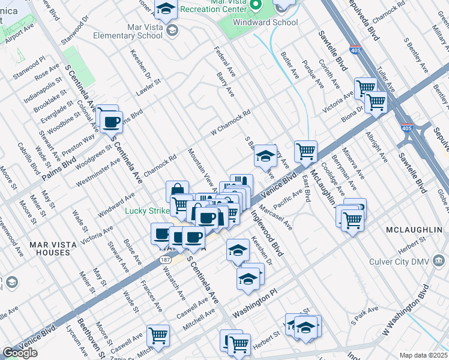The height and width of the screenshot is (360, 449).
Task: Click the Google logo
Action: click(20, 353)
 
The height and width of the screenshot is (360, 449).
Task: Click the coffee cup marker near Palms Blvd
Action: click(111, 122)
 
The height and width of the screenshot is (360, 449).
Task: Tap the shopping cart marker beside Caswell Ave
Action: click(158, 335)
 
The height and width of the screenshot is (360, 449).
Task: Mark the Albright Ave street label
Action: click(374, 143)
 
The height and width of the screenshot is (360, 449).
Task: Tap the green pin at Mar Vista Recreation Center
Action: click(256, 5)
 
